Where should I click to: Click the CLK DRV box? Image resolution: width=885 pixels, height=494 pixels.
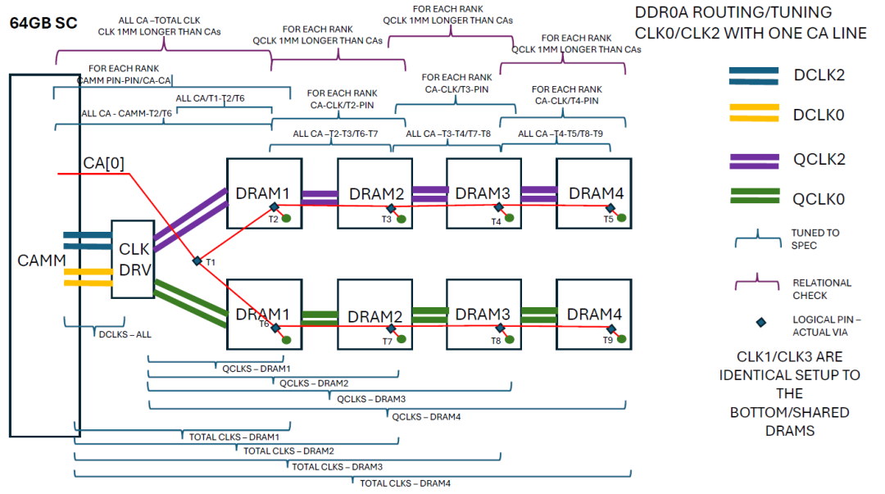tap(133, 258)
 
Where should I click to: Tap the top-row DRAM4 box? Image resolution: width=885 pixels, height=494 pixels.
tap(593, 193)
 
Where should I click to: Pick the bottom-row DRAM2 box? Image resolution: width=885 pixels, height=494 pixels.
tap(374, 315)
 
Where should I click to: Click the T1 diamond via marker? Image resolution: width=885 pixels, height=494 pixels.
tap(197, 261)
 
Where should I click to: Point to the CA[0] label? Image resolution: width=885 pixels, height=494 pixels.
tap(103, 163)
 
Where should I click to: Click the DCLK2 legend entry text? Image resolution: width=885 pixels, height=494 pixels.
tap(819, 75)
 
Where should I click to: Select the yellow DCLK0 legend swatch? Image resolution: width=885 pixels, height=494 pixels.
tap(754, 113)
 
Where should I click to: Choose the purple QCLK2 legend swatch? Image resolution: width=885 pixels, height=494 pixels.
tap(754, 159)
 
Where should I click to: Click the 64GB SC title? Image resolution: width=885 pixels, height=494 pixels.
tap(43, 23)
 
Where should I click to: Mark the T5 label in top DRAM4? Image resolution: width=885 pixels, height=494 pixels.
tap(608, 220)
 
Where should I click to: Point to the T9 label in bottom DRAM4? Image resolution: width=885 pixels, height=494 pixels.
tap(608, 340)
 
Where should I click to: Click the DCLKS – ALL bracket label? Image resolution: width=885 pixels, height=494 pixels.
tap(125, 334)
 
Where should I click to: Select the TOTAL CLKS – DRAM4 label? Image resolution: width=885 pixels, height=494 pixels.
tap(405, 483)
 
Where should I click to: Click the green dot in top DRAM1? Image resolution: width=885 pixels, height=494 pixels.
tap(287, 218)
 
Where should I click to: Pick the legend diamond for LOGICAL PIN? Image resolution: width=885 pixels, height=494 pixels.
tap(760, 323)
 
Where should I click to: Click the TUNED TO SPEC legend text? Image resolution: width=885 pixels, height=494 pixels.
tap(815, 239)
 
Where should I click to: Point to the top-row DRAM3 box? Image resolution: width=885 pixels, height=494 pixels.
tap(483, 193)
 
